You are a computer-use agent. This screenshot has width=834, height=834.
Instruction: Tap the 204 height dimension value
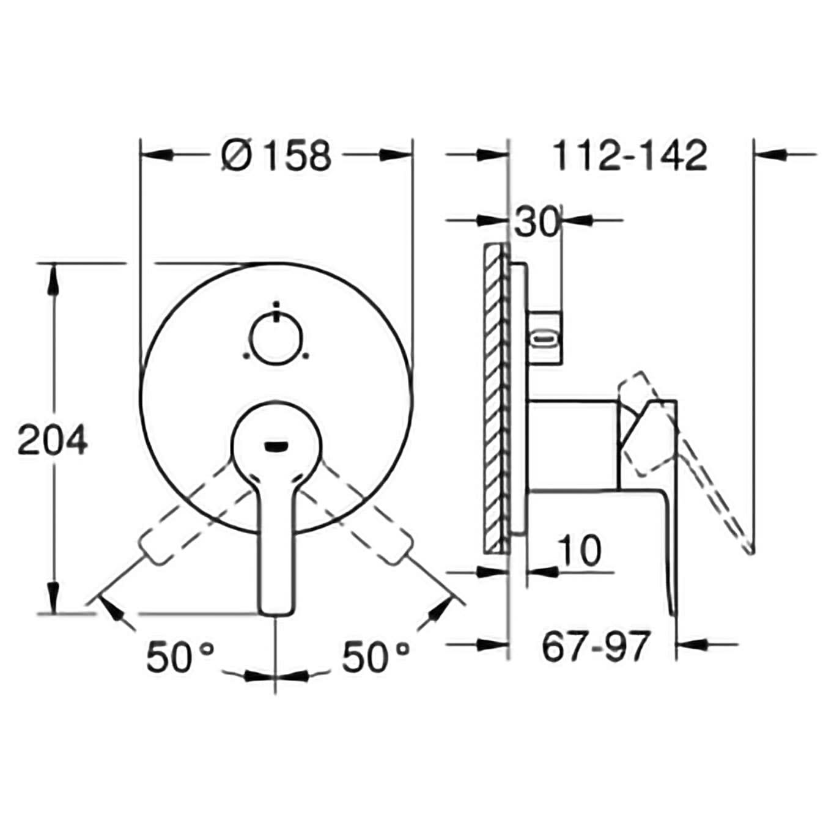coord(53,440)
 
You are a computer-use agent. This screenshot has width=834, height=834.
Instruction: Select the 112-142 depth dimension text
coord(630,155)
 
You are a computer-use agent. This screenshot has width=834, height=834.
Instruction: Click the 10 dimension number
coord(580,550)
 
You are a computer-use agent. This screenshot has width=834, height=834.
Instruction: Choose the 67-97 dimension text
coord(596,647)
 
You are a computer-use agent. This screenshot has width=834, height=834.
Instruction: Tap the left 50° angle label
coord(180,656)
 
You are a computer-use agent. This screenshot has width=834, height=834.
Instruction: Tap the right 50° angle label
coord(375,656)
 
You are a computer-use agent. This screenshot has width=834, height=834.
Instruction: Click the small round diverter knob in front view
coord(277,340)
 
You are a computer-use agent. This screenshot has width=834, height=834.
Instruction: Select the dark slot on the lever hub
coord(277,445)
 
